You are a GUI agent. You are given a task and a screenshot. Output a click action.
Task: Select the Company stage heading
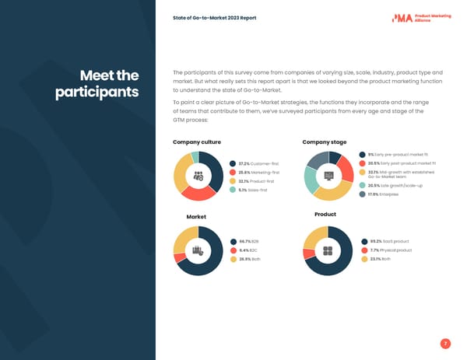point(324,142)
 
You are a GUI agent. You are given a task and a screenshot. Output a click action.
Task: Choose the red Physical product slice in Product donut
point(308,253)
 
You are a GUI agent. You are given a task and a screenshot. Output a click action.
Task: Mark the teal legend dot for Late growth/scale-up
point(363,186)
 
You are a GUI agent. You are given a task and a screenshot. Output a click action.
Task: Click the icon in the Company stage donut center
point(328,175)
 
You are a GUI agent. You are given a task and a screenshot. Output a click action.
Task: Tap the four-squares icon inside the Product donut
point(328,250)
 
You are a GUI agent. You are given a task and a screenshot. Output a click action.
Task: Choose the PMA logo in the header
point(423,17)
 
